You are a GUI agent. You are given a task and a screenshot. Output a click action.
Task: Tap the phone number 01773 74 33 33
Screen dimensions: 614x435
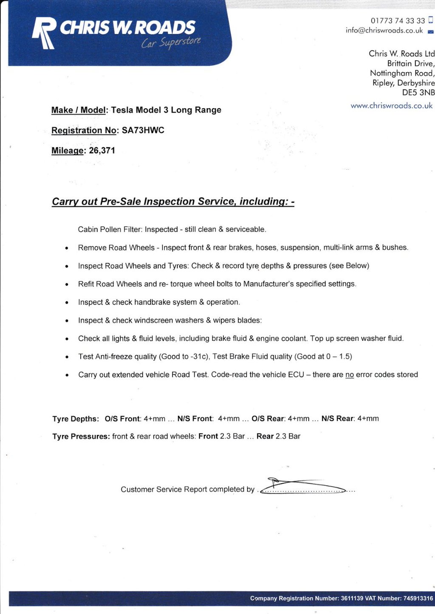pyautogui.click(x=398, y=21)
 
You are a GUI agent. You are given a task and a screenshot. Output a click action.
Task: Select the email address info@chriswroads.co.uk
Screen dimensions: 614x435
pyautogui.click(x=384, y=31)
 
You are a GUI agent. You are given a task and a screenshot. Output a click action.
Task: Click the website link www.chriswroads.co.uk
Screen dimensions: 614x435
pyautogui.click(x=391, y=106)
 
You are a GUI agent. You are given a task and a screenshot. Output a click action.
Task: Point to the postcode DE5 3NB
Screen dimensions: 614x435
pyautogui.click(x=418, y=93)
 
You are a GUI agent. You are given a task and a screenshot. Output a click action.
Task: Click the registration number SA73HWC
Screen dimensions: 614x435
pyautogui.click(x=143, y=130)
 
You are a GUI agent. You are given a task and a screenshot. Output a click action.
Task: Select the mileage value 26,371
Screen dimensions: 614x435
pyautogui.click(x=102, y=151)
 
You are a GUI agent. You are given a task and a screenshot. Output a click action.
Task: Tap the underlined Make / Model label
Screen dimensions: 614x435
pyautogui.click(x=79, y=110)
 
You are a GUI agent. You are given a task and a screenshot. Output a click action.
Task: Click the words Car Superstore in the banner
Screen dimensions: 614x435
pyautogui.click(x=171, y=42)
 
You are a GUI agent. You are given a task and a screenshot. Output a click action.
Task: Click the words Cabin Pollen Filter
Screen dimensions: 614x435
pyautogui.click(x=110, y=230)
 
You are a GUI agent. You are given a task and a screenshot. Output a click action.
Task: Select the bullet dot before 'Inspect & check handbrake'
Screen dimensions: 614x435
pyautogui.click(x=67, y=303)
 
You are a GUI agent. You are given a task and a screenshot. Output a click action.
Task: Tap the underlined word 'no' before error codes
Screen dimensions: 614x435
pyautogui.click(x=350, y=375)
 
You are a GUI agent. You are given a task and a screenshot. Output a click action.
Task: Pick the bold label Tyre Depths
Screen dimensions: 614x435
pyautogui.click(x=76, y=419)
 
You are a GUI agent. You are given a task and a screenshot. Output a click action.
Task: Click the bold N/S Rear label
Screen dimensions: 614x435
pyautogui.click(x=338, y=419)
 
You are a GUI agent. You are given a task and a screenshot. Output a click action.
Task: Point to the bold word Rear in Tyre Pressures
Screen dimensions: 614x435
pyautogui.click(x=265, y=437)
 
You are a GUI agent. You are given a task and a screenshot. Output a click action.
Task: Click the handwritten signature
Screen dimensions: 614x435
pyautogui.click(x=302, y=486)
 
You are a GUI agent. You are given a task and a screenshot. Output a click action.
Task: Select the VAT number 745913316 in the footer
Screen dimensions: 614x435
pyautogui.click(x=418, y=598)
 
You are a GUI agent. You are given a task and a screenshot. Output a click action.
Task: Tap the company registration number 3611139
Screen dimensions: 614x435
pyautogui.click(x=352, y=598)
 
